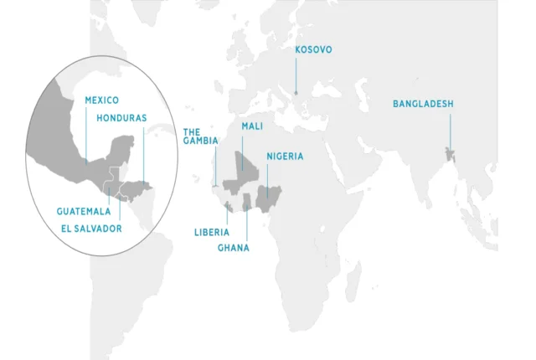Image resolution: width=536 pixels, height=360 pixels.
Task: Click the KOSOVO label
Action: pos(314,50)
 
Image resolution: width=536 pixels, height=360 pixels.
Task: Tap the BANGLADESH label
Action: pos(423,105)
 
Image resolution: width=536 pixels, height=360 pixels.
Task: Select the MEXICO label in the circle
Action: pos(101,100)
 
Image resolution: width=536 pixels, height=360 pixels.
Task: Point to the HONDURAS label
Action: pos(121,118)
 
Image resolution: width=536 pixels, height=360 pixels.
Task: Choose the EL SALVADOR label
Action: pos(91,228)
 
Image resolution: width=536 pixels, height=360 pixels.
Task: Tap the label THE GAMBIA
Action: pos(200,136)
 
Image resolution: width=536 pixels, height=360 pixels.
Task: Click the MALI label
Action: pos(252,126)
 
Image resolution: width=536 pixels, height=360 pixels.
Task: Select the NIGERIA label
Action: pos(285,157)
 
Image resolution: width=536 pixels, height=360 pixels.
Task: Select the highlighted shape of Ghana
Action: pos(247,203)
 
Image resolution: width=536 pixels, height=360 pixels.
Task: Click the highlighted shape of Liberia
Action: pos(228,206)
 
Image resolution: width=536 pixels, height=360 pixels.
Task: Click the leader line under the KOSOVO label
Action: pos(296,75)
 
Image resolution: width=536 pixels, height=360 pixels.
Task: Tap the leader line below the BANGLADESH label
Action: pos(450,130)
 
